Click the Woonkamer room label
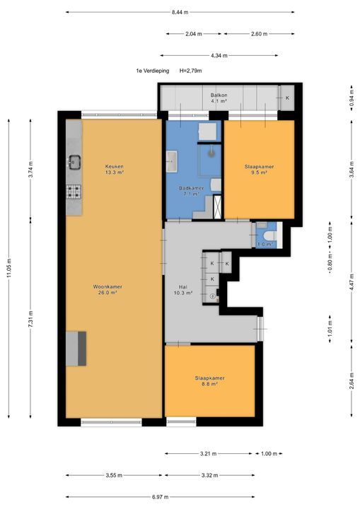(x=108, y=290)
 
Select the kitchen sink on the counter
(x=74, y=163)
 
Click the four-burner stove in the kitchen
(x=74, y=192)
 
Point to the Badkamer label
(x=192, y=191)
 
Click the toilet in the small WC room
(x=270, y=235)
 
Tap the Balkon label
(x=219, y=98)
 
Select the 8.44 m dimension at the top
(x=180, y=12)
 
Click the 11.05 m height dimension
(x=8, y=267)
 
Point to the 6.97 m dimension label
(x=160, y=497)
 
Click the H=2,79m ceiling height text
(x=191, y=71)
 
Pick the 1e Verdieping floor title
(x=152, y=71)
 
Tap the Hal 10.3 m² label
(x=183, y=290)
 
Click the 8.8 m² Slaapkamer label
(x=209, y=381)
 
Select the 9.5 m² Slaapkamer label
(x=259, y=170)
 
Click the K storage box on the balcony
(x=287, y=98)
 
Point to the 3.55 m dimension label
(x=114, y=475)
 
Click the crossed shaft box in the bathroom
(x=217, y=206)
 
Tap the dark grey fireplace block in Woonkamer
(x=82, y=349)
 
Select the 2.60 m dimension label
(x=260, y=34)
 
